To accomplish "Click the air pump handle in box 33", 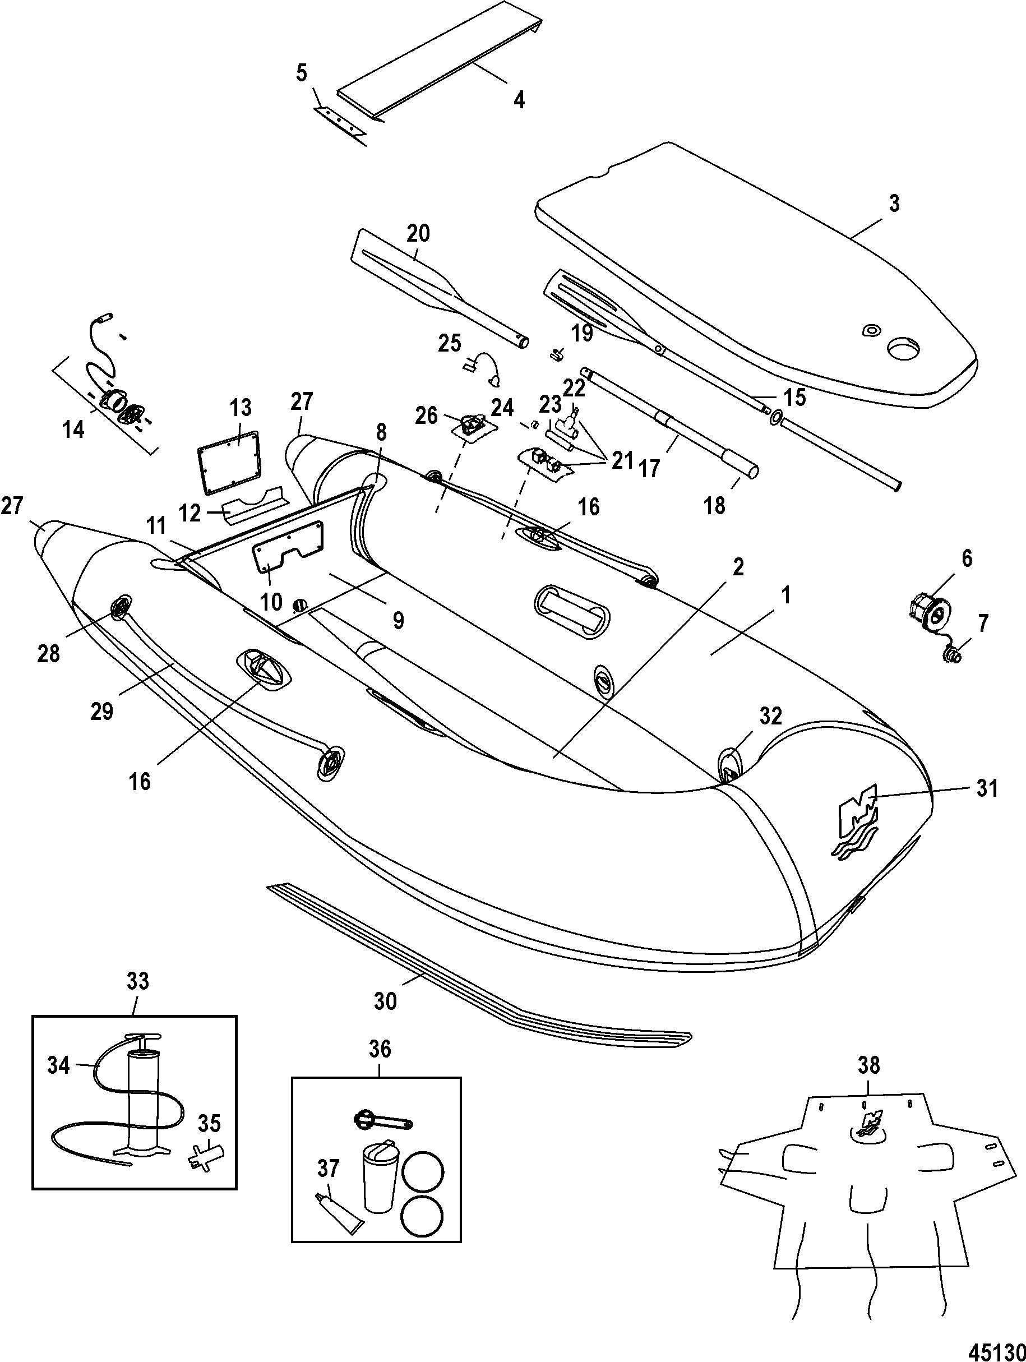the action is pos(143,1037).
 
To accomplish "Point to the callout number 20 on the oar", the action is pos(418,233).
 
